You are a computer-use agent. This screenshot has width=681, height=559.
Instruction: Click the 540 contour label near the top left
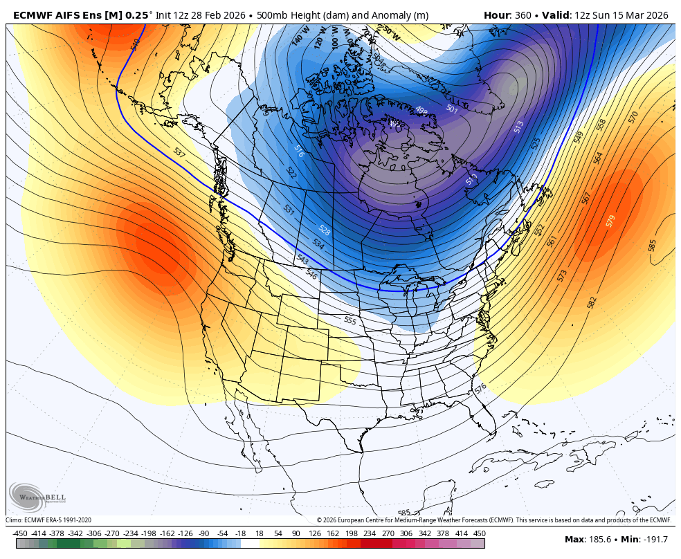click(135, 43)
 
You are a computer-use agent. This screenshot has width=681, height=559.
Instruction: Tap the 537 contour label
click(179, 152)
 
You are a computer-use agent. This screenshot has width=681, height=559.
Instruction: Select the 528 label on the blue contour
click(324, 230)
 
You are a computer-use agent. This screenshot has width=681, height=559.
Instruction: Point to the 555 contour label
click(350, 321)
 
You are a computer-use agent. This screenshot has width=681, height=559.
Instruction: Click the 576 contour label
click(481, 390)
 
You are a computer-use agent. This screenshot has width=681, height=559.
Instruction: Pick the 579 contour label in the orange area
click(610, 221)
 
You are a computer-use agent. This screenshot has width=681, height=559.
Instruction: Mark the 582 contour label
click(592, 302)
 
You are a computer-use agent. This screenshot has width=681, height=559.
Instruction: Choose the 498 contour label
click(421, 110)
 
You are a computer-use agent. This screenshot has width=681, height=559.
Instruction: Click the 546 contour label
click(311, 274)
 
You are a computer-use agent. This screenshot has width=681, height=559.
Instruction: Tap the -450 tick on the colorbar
click(20, 533)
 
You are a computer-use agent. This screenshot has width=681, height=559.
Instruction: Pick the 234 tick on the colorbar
click(369, 533)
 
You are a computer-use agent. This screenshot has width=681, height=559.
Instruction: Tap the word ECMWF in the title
click(34, 15)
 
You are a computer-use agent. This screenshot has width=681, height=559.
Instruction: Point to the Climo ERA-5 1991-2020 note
click(48, 520)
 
